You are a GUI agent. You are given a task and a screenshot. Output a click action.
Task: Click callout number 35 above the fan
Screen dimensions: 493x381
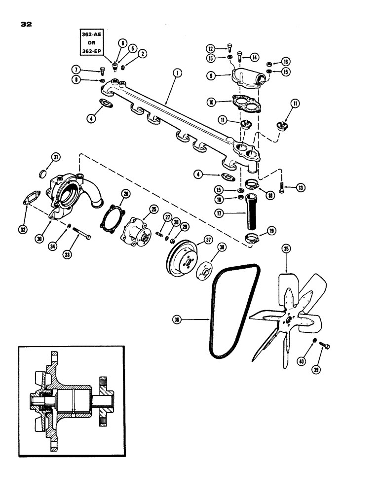tap(286, 249)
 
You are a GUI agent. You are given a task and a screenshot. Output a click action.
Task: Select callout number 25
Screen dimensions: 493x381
tap(154, 210)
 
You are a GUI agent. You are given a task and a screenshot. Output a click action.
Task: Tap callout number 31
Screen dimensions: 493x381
tap(56, 157)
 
